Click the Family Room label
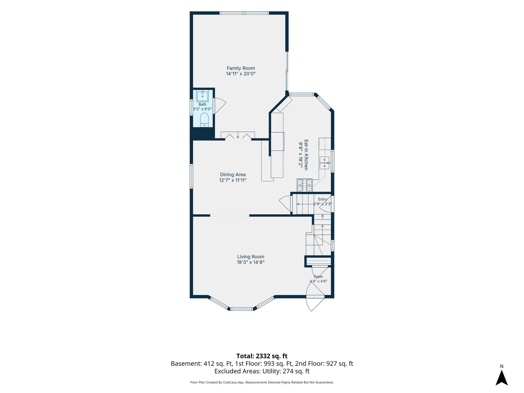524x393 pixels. point(241,68)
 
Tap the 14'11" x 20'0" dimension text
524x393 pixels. point(241,74)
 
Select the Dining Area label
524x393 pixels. point(233,175)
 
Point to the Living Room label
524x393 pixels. point(251,257)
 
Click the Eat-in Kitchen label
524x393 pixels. point(306,155)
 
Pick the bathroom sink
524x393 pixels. point(202,96)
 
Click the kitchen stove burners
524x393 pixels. point(304,185)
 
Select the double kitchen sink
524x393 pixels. point(325,163)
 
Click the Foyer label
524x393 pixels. point(318,277)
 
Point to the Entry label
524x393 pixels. point(322,199)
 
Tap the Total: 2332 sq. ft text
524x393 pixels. point(262,356)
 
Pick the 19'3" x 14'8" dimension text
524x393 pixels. point(251,262)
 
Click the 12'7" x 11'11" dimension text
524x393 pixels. point(233,180)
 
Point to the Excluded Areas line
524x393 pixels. point(262,371)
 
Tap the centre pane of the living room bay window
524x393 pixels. point(242,309)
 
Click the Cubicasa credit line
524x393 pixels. point(262,382)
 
